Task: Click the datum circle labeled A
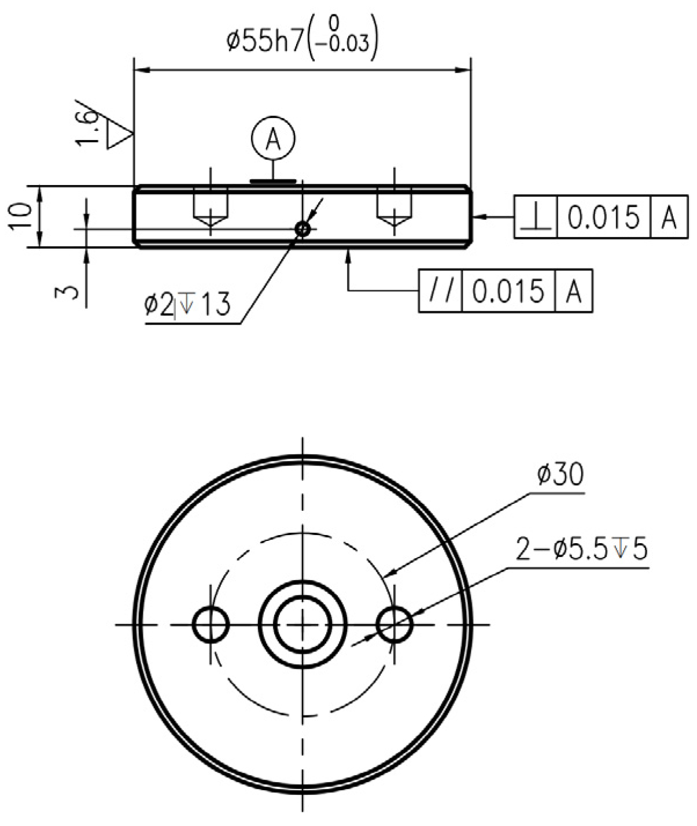click(x=273, y=139)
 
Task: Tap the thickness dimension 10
click(x=20, y=217)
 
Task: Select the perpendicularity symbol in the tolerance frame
click(x=536, y=217)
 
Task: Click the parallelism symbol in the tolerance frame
click(x=440, y=291)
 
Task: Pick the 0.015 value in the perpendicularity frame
click(x=603, y=217)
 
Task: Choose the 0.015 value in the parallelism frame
click(x=508, y=291)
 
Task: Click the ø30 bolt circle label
click(x=560, y=475)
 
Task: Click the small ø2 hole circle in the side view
click(x=303, y=230)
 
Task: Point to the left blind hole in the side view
click(x=211, y=207)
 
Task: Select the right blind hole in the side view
click(x=394, y=207)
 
